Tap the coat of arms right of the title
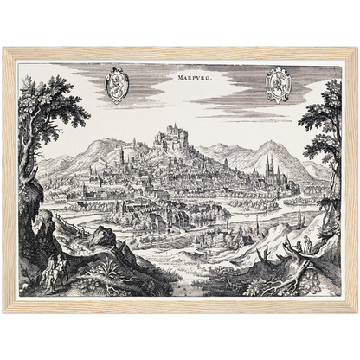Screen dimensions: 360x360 [279, 85]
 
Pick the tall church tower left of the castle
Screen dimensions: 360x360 [122, 157]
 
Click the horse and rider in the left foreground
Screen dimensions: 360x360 [55, 261]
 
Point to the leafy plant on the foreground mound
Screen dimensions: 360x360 [106, 280]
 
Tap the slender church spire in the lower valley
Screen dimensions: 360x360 [256, 227]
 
